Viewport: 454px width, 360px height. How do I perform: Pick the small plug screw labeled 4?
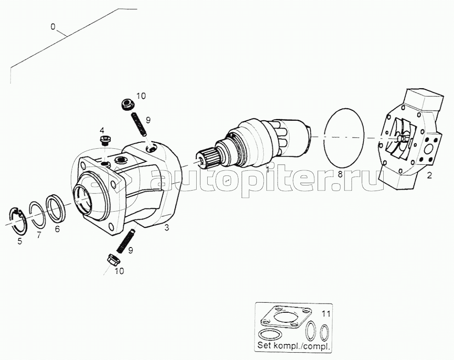point(104,140)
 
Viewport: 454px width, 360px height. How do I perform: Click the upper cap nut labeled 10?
point(127,104)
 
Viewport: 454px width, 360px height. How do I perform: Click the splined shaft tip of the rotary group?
point(207,157)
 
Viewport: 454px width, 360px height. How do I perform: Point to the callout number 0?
point(53,27)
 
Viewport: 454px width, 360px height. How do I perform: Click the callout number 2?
point(429,175)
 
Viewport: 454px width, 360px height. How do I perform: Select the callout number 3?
point(166,228)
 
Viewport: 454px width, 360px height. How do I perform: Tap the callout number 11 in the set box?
point(326,314)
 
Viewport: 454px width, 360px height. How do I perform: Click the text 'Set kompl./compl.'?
point(294,346)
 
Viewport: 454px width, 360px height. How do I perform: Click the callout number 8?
point(340,174)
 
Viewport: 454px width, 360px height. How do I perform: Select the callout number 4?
point(102,129)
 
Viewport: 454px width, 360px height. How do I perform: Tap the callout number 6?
point(57,229)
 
